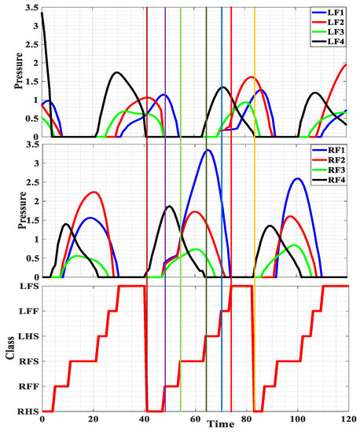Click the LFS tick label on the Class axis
[x=28, y=287]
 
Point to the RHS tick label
[x=28, y=411]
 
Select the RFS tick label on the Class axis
[x=28, y=361]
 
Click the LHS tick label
[x=28, y=336]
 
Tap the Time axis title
[x=220, y=425]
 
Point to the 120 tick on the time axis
[x=347, y=419]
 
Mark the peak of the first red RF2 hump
[x=93, y=192]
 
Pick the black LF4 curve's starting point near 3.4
[x=42, y=13]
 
